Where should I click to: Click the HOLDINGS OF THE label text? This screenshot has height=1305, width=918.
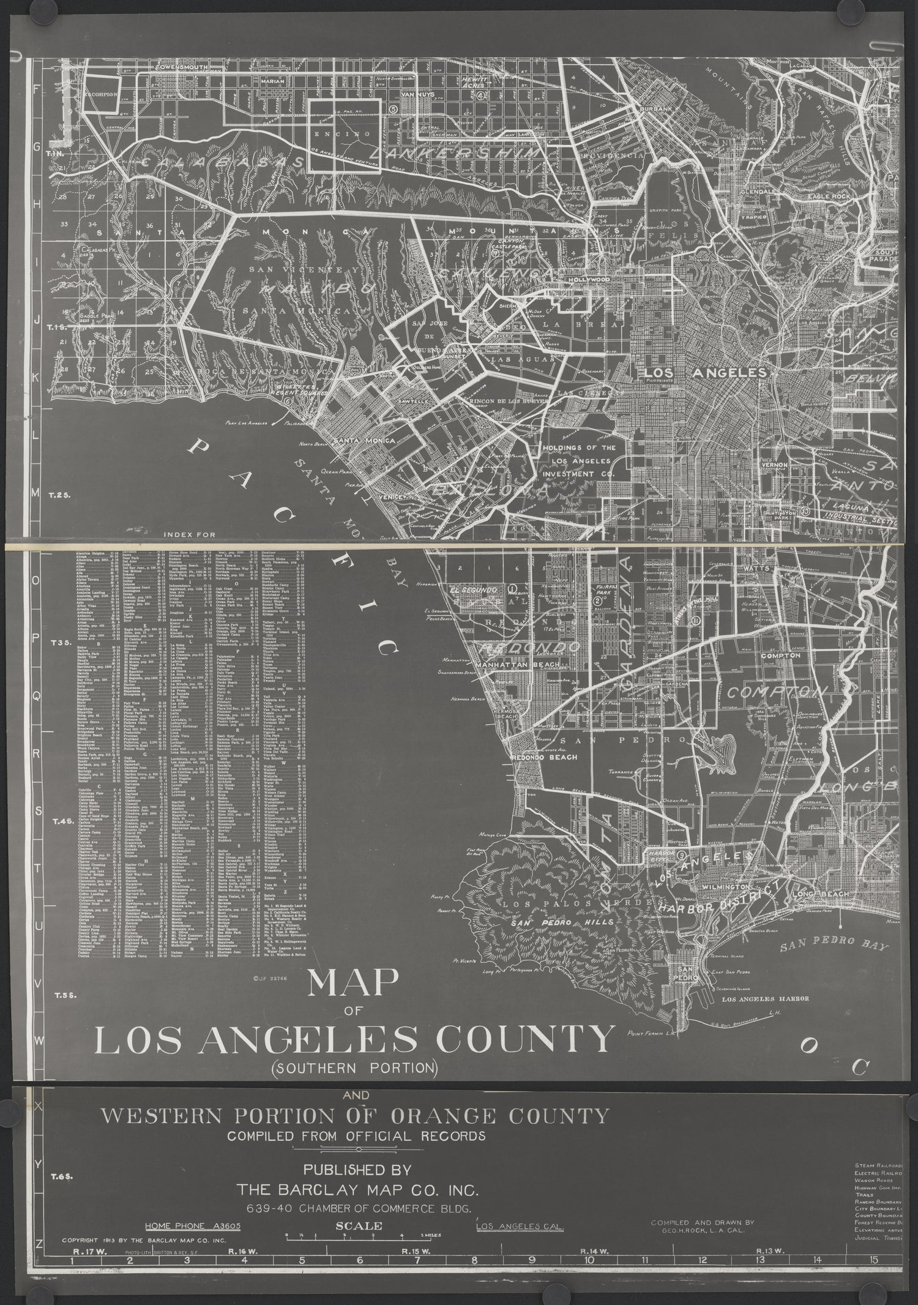click(x=578, y=448)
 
